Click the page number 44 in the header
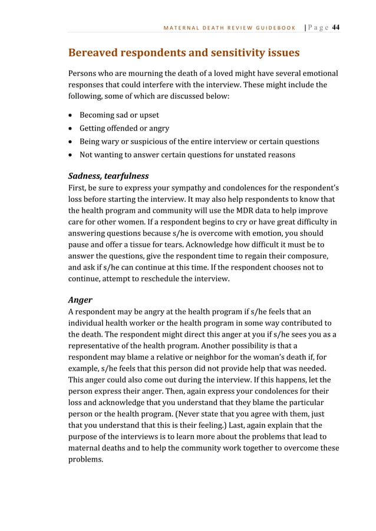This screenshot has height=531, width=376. coord(335,27)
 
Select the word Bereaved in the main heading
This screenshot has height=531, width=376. coord(96,53)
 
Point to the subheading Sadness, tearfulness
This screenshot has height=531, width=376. coord(108,175)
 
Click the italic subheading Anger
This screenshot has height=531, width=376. coord(80,299)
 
